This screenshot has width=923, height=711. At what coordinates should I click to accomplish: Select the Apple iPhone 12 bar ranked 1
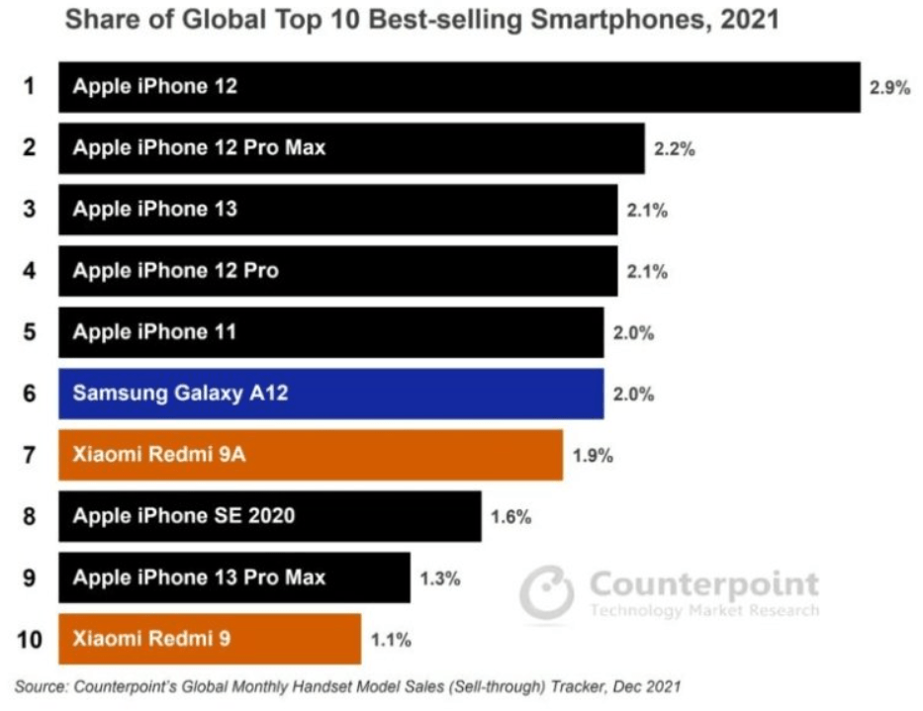[459, 87]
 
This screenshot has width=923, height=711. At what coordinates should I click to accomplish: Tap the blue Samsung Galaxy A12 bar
[330, 394]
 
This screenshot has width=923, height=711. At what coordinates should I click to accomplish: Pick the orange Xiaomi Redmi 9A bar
[310, 455]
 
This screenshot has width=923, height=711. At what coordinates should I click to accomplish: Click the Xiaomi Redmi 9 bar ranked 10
[209, 639]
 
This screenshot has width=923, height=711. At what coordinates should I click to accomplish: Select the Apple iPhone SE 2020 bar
[269, 516]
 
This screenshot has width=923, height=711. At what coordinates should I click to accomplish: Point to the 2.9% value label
[888, 87]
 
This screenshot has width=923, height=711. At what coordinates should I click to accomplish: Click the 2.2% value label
[675, 149]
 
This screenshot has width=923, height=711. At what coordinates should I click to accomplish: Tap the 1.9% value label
[593, 456]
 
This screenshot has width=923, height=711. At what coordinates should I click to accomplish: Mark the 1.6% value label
[510, 517]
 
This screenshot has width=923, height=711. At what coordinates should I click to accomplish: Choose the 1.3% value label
[439, 578]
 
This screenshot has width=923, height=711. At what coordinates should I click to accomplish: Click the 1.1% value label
[391, 640]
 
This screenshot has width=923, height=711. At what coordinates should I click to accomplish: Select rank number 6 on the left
[30, 394]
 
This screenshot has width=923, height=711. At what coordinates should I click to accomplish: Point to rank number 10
[30, 640]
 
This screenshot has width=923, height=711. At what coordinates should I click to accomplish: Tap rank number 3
[30, 210]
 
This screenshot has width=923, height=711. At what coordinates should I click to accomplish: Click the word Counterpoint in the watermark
[703, 584]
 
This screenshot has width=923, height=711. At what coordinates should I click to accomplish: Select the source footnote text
[346, 686]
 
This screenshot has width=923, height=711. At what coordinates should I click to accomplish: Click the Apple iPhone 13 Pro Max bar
[233, 578]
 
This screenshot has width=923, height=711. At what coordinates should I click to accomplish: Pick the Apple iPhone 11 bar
[330, 332]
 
